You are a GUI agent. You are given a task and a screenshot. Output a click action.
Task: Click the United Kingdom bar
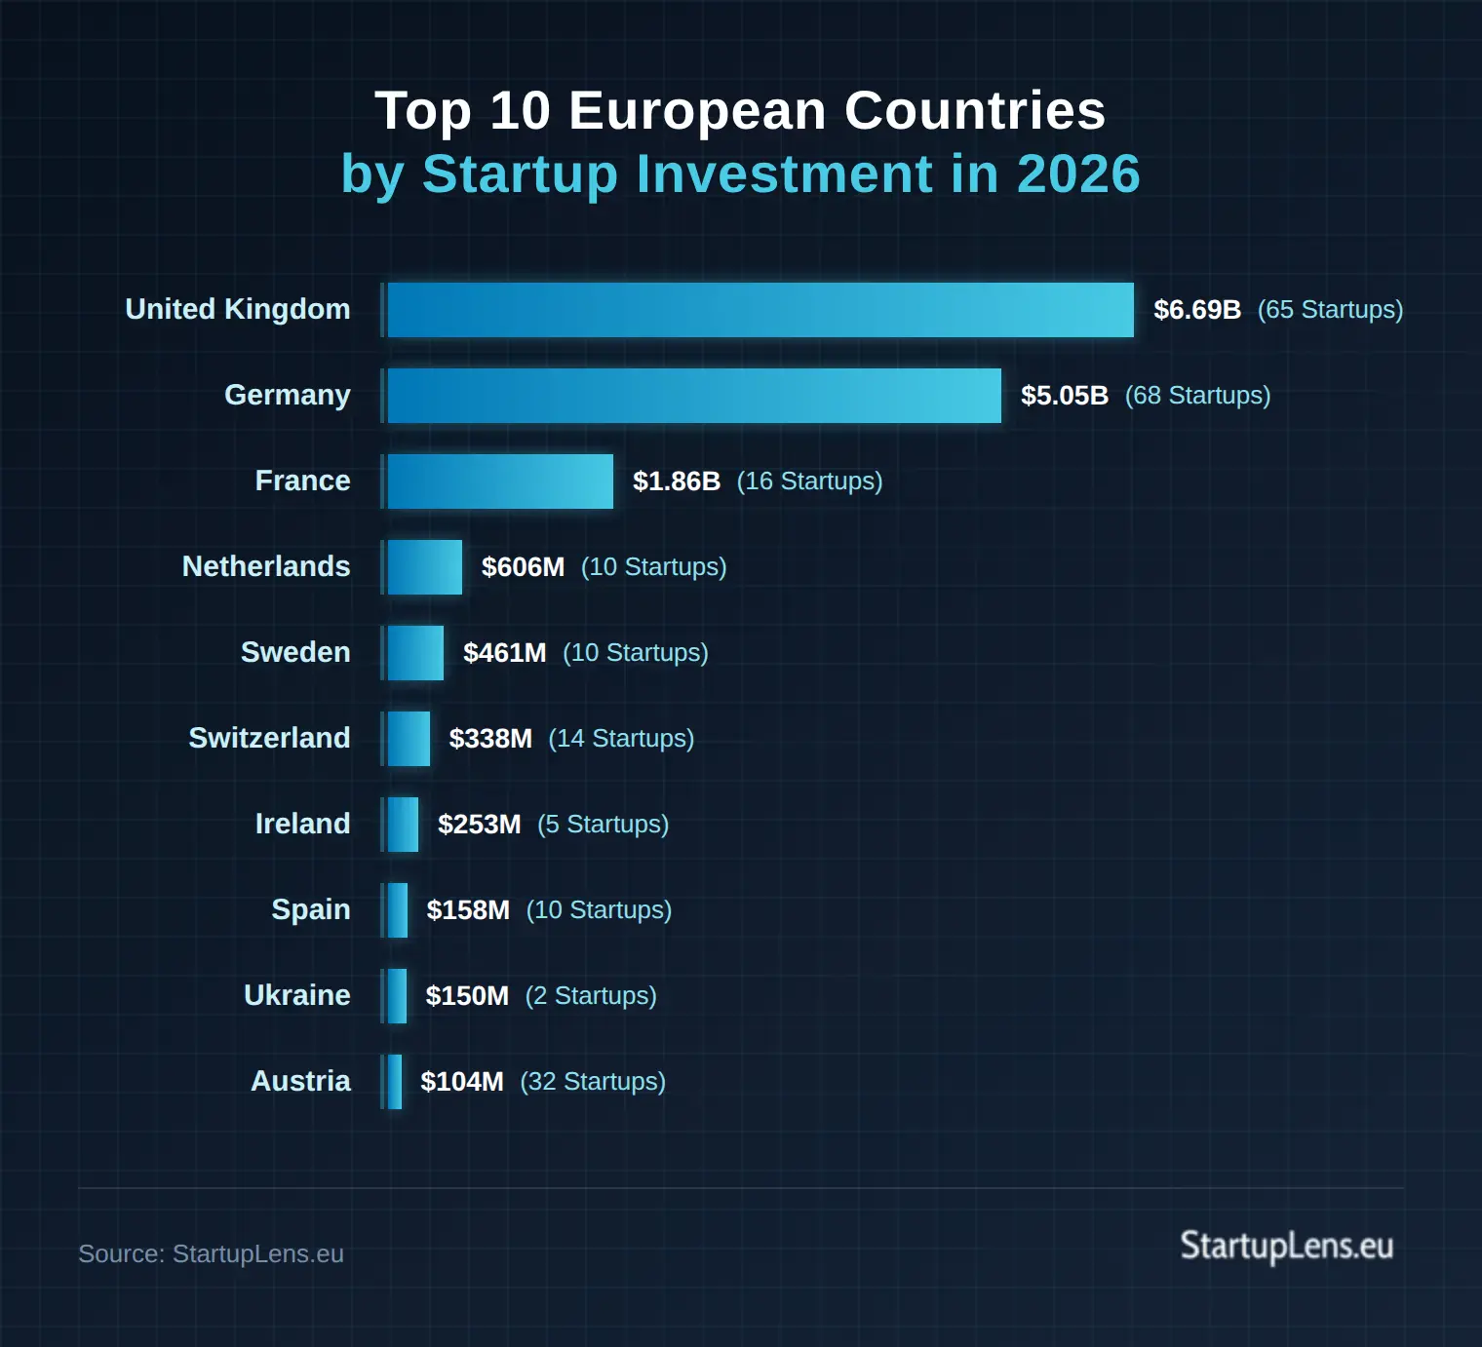tap(760, 310)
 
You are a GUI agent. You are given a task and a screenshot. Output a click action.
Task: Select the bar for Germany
tap(694, 396)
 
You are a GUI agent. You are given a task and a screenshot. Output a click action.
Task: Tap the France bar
tap(500, 481)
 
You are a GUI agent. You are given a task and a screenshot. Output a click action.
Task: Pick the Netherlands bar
tap(425, 567)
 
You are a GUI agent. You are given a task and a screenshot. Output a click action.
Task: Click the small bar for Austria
tap(395, 1082)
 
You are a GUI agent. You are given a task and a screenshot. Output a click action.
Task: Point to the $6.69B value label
tap(1197, 310)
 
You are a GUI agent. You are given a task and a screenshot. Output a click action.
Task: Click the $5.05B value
tap(1064, 396)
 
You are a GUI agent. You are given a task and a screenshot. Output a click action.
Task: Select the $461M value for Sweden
tap(504, 653)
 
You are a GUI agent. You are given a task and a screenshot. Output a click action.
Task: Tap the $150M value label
tap(467, 996)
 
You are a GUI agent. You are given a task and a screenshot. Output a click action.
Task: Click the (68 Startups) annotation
tap(1197, 396)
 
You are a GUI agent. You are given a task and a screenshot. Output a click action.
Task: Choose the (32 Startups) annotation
tap(593, 1082)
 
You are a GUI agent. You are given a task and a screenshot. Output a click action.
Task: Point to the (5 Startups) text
tap(603, 825)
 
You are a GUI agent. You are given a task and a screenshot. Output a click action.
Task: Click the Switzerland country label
tap(269, 738)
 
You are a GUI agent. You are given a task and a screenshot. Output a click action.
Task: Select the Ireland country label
tap(302, 824)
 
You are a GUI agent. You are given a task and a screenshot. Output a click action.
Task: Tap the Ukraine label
tap(296, 995)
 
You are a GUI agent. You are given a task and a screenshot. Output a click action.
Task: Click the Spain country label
tap(310, 909)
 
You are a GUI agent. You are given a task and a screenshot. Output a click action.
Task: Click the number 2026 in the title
tap(1078, 174)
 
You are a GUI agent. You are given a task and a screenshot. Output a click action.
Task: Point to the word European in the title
tap(697, 110)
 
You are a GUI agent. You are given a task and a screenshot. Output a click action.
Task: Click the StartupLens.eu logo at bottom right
tap(1286, 1247)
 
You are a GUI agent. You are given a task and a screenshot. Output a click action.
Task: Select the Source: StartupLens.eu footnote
tap(211, 1253)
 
